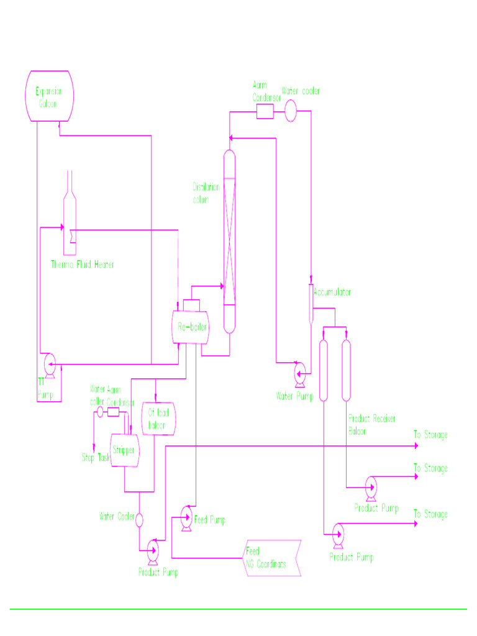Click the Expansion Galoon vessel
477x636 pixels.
tap(49, 96)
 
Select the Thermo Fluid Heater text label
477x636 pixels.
tap(82, 265)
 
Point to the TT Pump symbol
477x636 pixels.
tap(48, 363)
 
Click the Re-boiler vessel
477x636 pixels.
tap(190, 327)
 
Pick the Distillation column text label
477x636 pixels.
tap(206, 193)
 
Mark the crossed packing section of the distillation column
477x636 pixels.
tap(230, 242)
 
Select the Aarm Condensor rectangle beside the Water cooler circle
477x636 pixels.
tap(265, 111)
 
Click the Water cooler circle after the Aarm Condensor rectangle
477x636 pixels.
tap(291, 111)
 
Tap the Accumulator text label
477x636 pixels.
tap(333, 291)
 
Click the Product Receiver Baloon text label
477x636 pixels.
tap(371, 424)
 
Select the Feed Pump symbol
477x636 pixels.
tap(186, 514)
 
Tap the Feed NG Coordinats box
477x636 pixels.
tap(272, 557)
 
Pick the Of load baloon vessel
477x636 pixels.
tap(158, 419)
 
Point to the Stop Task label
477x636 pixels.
tap(96, 458)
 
